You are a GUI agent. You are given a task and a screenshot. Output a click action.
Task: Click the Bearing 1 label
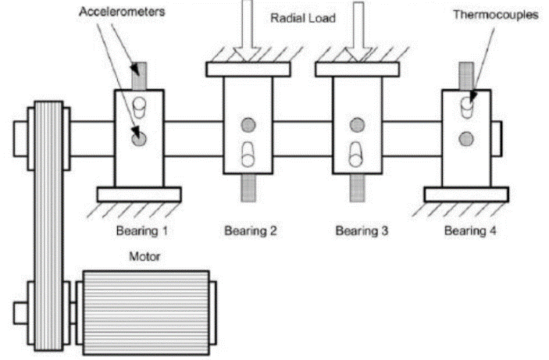(141, 230)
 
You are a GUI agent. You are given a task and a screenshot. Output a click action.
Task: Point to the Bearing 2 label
(251, 230)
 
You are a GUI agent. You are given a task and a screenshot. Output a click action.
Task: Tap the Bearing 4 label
(471, 230)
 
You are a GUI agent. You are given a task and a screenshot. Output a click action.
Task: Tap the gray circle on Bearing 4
(467, 140)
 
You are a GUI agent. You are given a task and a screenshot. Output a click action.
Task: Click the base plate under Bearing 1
(139, 194)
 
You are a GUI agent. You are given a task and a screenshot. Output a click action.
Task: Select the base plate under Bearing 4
(466, 194)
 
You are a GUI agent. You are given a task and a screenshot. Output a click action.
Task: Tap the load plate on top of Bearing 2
(248, 69)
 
